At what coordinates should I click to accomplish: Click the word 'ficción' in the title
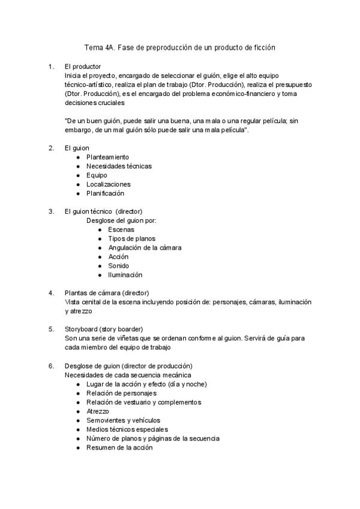click(263, 47)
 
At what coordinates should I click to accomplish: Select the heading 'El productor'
click(83, 67)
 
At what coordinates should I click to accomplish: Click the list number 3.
click(50, 211)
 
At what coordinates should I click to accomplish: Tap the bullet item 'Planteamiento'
click(107, 157)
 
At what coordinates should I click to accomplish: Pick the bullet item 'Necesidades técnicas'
click(119, 166)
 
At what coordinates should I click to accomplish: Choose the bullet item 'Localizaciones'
click(108, 184)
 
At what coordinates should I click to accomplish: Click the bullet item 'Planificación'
click(105, 193)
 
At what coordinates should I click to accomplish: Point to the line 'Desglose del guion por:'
click(121, 220)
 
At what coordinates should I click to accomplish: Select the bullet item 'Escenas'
click(121, 229)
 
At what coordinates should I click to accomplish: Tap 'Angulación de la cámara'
click(145, 247)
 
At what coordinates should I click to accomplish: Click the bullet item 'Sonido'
click(118, 265)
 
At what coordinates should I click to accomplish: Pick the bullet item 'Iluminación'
click(125, 274)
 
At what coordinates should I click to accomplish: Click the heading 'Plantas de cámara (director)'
click(107, 293)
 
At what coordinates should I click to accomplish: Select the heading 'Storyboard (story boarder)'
click(104, 329)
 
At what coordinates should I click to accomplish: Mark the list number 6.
click(50, 366)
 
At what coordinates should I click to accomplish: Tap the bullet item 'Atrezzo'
click(98, 411)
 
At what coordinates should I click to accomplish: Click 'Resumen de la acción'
click(119, 447)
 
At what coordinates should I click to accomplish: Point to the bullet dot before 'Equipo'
click(79, 175)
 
